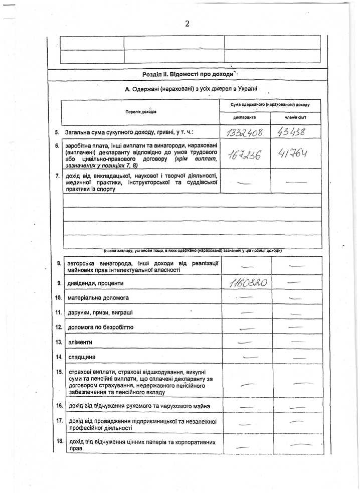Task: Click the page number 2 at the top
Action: (187, 24)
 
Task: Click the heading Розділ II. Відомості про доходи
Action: (188, 74)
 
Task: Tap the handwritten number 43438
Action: (295, 132)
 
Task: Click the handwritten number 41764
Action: (295, 153)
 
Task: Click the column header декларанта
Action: (245, 118)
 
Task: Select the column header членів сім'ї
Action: (295, 118)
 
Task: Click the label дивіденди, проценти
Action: (95, 283)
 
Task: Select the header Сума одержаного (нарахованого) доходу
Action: (270, 105)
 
